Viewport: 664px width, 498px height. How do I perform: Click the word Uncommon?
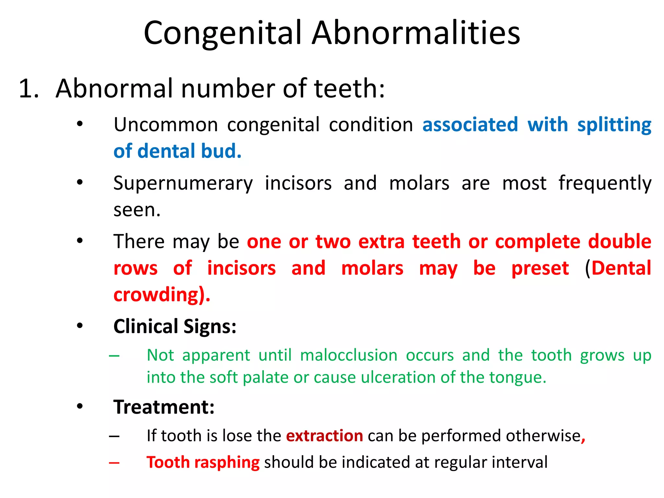(166, 125)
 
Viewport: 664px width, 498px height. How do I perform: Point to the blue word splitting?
(614, 125)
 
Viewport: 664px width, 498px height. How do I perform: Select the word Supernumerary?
(183, 184)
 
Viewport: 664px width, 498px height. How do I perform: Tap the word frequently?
(605, 184)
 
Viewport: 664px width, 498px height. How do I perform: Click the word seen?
(137, 210)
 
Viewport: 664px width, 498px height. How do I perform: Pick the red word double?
(619, 242)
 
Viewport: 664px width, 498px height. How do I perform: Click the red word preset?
(540, 268)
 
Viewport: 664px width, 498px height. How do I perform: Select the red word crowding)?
(162, 295)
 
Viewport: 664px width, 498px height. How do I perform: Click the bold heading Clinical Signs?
(175, 326)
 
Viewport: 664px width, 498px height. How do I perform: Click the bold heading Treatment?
(164, 407)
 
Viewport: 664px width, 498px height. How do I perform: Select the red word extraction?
(324, 436)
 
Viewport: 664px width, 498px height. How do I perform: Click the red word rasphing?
(227, 462)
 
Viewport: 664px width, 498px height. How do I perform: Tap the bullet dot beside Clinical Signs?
(80, 326)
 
